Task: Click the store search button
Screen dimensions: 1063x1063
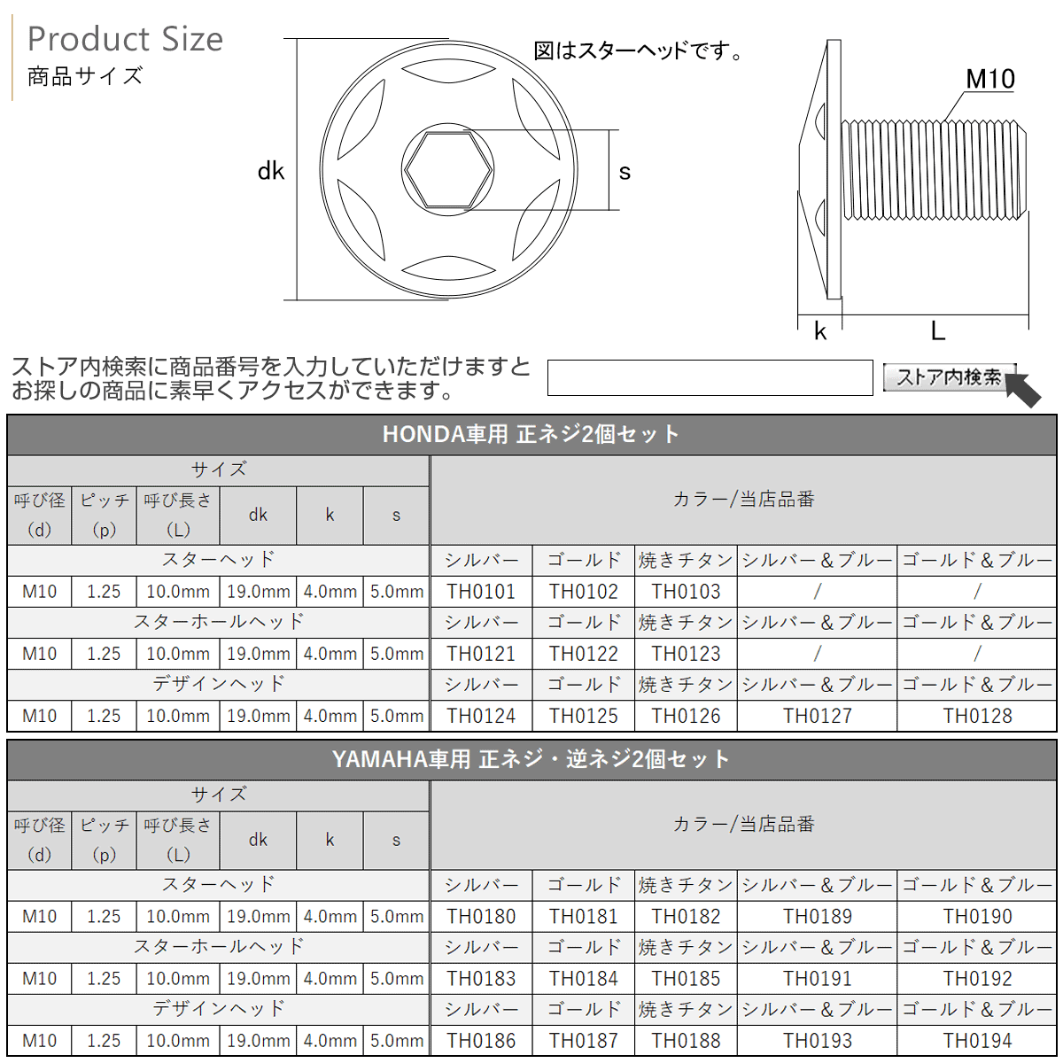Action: [948, 377]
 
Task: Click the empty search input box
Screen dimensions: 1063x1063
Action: [710, 378]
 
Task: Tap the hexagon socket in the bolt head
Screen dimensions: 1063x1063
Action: [447, 169]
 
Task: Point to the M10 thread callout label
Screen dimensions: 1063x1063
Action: [989, 80]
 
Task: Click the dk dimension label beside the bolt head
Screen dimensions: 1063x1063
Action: [270, 171]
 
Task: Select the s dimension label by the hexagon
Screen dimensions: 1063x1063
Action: [625, 172]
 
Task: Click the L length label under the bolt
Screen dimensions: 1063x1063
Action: [937, 331]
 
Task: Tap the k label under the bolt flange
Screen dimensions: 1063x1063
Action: [819, 331]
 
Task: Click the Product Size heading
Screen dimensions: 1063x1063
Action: [125, 40]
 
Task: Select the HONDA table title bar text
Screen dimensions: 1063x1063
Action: [531, 434]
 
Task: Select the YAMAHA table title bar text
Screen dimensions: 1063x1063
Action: [531, 759]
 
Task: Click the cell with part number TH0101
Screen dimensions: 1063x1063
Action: [481, 592]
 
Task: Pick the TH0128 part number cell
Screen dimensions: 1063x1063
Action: [977, 716]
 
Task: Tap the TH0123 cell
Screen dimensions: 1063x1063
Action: [686, 654]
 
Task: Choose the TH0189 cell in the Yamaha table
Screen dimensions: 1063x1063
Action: [817, 917]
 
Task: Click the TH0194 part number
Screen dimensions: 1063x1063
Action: [977, 1041]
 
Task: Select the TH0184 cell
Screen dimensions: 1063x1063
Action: [583, 979]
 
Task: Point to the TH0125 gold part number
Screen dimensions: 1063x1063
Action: [583, 716]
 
